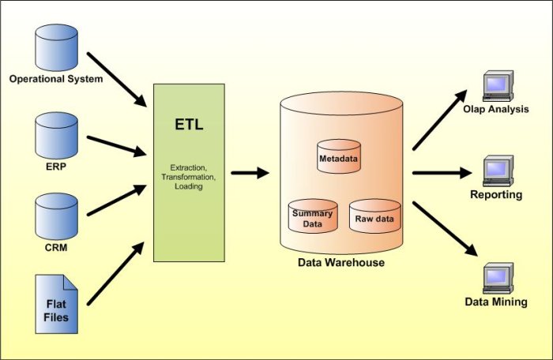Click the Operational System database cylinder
tap(55, 47)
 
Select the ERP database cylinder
tap(55, 136)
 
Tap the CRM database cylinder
tap(55, 219)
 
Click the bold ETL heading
tap(190, 125)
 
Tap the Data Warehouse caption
tap(340, 262)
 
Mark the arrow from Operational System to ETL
tap(116, 79)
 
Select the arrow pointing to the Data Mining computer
tap(446, 228)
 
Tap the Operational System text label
tap(55, 78)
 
